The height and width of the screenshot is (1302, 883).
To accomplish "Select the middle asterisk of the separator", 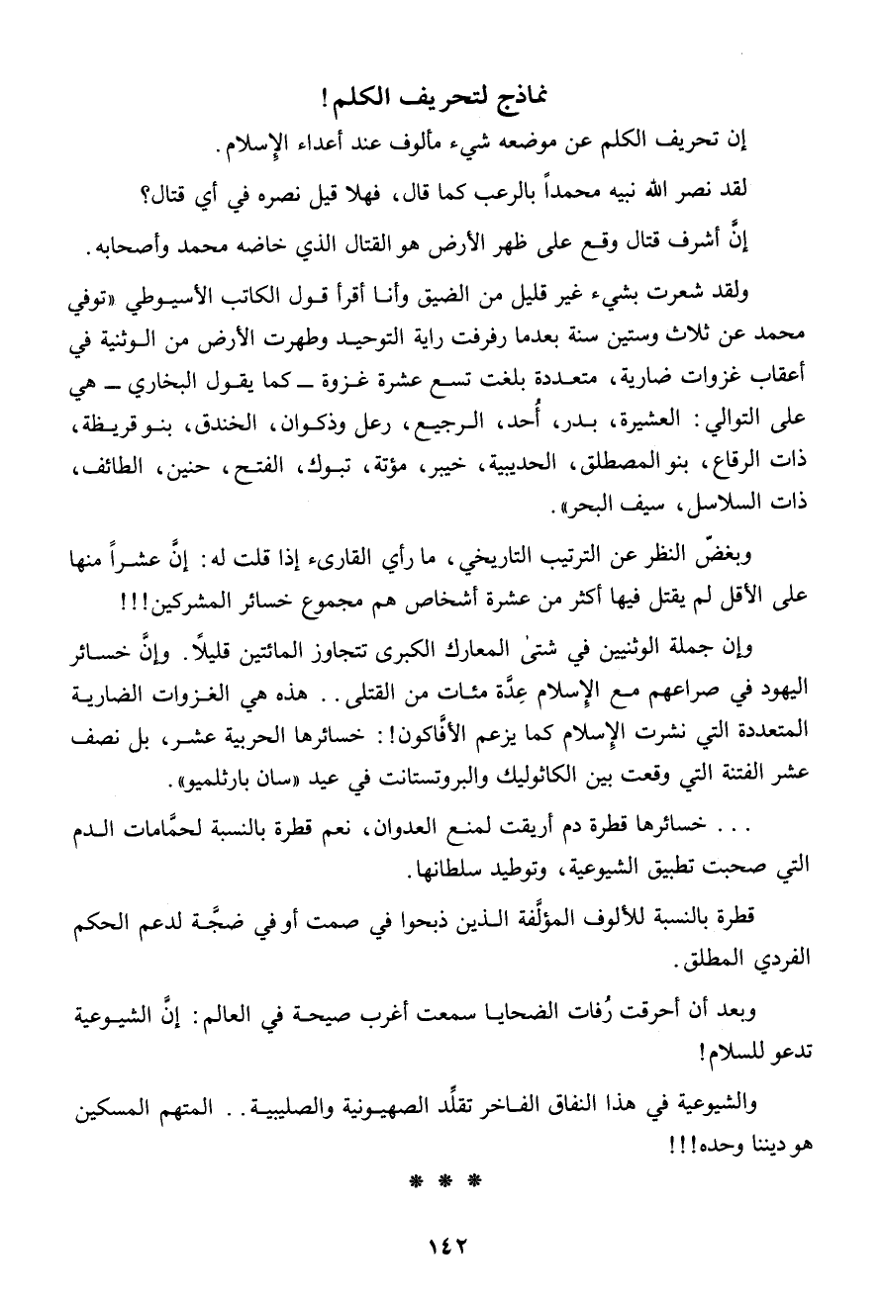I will (x=441, y=1179).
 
